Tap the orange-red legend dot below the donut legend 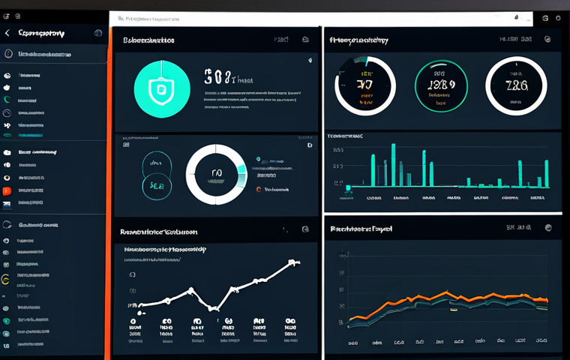259,190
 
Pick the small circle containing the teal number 156,184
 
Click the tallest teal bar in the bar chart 392,165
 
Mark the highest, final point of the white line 295,262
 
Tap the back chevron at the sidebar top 7,34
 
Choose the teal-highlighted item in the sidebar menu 30,136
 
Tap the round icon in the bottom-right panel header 548,227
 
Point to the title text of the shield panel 148,40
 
